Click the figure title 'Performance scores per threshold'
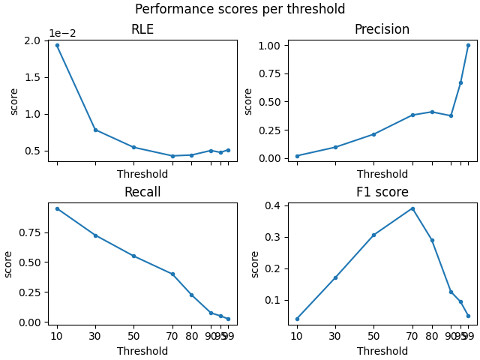click(x=240, y=9)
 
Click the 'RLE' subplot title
click(x=142, y=29)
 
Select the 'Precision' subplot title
click(x=382, y=29)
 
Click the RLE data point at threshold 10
click(x=57, y=45)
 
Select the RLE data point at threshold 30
click(x=95, y=130)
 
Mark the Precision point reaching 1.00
click(x=468, y=45)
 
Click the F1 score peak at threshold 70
click(x=412, y=208)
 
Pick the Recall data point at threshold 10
click(x=57, y=208)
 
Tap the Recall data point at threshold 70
click(x=172, y=274)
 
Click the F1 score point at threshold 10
click(x=297, y=319)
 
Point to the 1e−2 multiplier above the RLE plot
click(x=63, y=34)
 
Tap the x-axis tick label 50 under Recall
click(x=133, y=337)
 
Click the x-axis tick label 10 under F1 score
click(x=297, y=337)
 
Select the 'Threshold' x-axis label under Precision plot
click(x=382, y=174)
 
